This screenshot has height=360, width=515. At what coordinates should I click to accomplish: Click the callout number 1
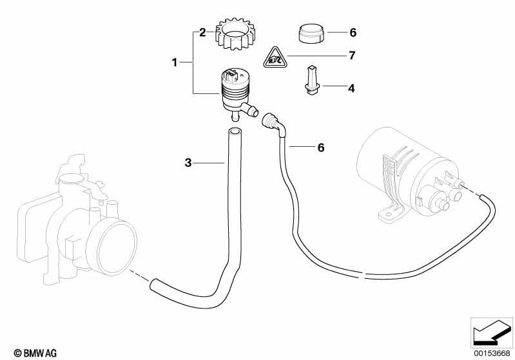[175, 62]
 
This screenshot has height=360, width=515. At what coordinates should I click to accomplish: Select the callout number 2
[202, 32]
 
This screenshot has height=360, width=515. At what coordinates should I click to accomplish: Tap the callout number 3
[188, 162]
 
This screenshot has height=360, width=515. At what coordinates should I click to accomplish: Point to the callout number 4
[351, 88]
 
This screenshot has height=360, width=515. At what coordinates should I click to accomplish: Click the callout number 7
[352, 55]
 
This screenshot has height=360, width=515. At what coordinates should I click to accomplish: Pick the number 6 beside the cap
[353, 32]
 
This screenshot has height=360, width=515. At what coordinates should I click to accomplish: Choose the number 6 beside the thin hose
[321, 147]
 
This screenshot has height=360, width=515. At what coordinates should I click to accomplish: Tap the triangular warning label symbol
[275, 58]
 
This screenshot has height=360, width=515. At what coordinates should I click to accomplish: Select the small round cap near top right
[311, 33]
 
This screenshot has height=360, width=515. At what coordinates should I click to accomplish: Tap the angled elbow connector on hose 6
[273, 125]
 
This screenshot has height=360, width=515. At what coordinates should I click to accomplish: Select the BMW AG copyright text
[35, 353]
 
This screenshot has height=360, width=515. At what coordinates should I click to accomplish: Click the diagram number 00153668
[492, 353]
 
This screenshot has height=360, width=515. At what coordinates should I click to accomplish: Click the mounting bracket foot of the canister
[391, 212]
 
